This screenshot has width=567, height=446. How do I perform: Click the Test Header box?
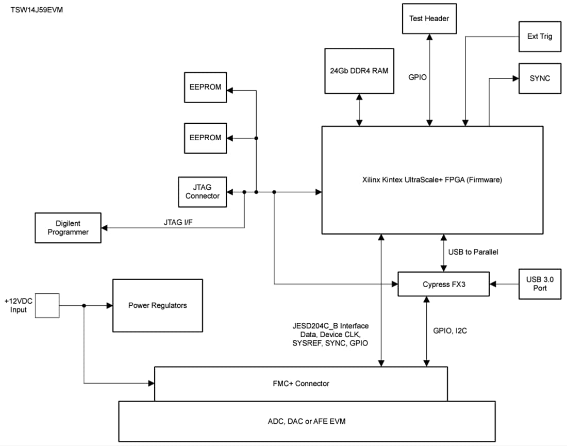(429, 19)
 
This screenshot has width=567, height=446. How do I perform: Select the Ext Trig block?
(540, 37)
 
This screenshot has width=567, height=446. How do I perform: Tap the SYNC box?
(540, 78)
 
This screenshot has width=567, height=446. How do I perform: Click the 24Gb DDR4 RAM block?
(359, 71)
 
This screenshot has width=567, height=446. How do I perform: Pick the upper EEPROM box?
(205, 87)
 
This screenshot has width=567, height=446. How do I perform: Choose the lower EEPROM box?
(205, 138)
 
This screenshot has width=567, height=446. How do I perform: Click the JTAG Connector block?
(203, 192)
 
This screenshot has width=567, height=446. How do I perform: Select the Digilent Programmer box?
(68, 228)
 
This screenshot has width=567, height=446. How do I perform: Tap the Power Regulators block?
(157, 305)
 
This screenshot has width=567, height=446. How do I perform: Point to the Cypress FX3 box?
(443, 284)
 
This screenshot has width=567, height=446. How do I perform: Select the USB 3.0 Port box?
(540, 284)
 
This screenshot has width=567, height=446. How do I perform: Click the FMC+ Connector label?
(301, 383)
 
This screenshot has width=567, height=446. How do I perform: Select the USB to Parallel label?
(473, 252)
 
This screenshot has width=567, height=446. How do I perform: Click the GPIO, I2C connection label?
(449, 331)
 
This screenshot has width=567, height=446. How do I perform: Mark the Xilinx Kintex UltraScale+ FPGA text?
(432, 180)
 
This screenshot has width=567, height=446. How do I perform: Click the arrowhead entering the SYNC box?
(515, 78)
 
